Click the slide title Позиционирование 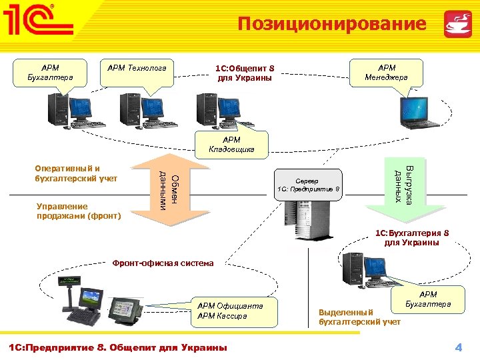pyautogui.click(x=332, y=24)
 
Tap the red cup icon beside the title pyautogui.click(x=457, y=25)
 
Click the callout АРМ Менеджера pyautogui.click(x=387, y=72)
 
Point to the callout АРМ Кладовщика pyautogui.click(x=231, y=144)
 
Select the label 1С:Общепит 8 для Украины pyautogui.click(x=245, y=73)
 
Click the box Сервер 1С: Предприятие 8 pyautogui.click(x=309, y=185)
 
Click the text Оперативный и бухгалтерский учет pyautogui.click(x=76, y=173)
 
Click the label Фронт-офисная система pyautogui.click(x=163, y=263)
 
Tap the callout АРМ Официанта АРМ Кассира pyautogui.click(x=231, y=310)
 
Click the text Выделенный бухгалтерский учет pyautogui.click(x=359, y=317)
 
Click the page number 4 pyautogui.click(x=458, y=347)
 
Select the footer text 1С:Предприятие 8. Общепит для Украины pyautogui.click(x=117, y=347)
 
